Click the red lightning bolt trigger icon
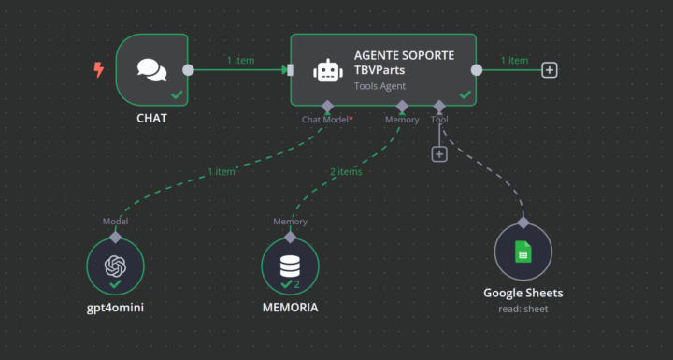click(99, 69)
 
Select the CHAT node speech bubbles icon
click(150, 70)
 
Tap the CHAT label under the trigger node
click(151, 120)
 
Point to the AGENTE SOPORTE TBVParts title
click(404, 63)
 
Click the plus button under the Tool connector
click(439, 153)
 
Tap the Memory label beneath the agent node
click(402, 120)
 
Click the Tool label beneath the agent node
click(439, 120)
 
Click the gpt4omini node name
click(115, 308)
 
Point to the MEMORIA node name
click(290, 308)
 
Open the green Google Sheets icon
click(523, 252)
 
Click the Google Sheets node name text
click(523, 293)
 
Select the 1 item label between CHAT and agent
click(240, 61)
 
